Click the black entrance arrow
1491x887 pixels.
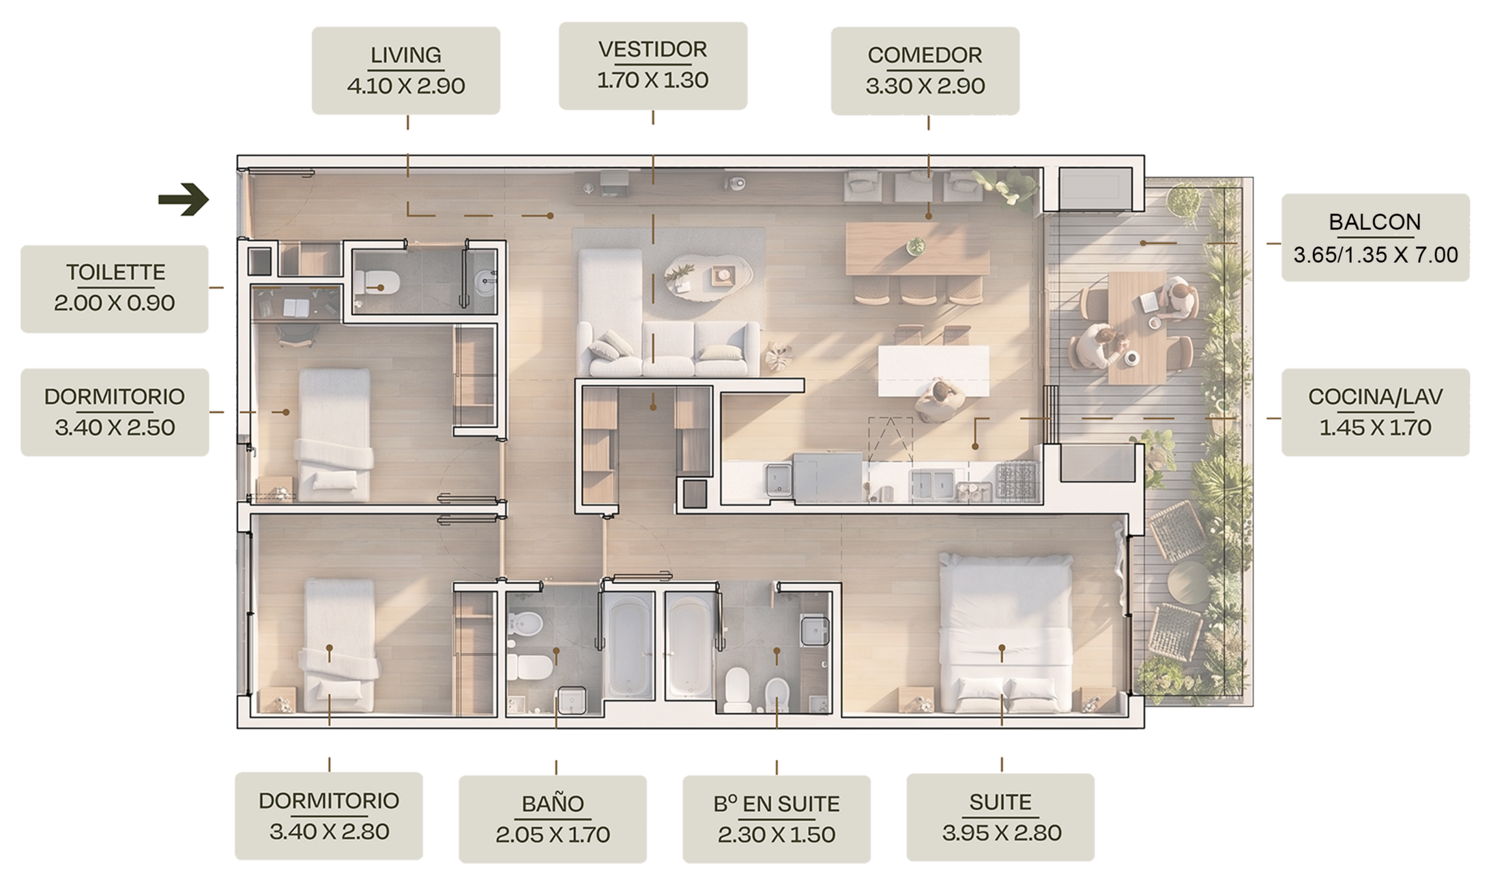click(x=184, y=199)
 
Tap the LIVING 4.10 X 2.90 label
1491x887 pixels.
click(x=406, y=70)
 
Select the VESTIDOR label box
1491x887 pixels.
click(x=653, y=66)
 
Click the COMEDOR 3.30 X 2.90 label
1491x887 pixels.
click(x=925, y=70)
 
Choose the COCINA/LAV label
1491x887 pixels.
click(x=1376, y=412)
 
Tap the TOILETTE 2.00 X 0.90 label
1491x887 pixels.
click(x=115, y=289)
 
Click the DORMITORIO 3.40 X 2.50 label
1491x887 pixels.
click(x=115, y=412)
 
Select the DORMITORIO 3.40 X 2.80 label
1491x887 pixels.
click(x=329, y=816)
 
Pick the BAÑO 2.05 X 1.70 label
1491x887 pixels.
click(x=553, y=819)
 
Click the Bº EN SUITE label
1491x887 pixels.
click(x=777, y=819)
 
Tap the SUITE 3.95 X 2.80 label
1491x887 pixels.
click(x=1000, y=817)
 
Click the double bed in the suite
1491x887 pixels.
click(x=1005, y=633)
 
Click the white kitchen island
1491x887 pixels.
click(x=933, y=370)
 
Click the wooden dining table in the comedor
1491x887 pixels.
click(x=917, y=248)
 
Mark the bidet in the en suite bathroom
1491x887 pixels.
click(x=777, y=695)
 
